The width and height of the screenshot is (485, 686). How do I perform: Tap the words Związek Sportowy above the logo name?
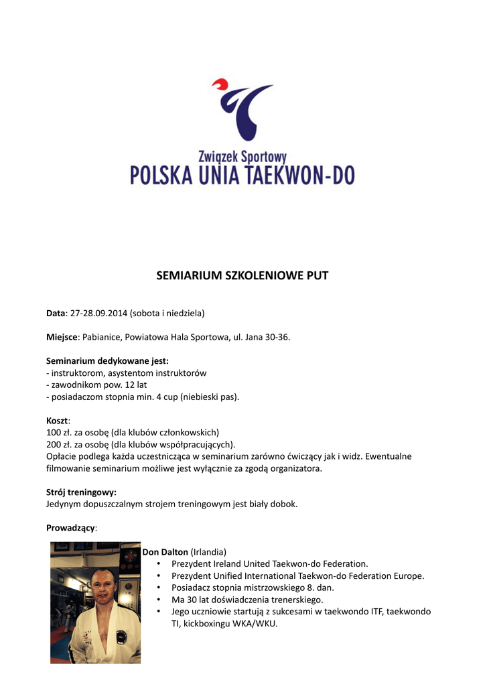point(242,157)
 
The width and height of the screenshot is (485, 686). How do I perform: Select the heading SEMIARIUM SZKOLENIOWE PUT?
point(242,275)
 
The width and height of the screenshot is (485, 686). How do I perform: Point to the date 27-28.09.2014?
point(98,313)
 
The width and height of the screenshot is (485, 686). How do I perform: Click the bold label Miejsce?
point(62,337)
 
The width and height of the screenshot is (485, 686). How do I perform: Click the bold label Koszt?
point(57,421)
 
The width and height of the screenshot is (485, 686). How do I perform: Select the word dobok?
point(284,504)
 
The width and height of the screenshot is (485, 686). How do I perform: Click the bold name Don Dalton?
point(165,552)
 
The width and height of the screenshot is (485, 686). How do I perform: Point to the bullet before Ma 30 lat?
point(158,600)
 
